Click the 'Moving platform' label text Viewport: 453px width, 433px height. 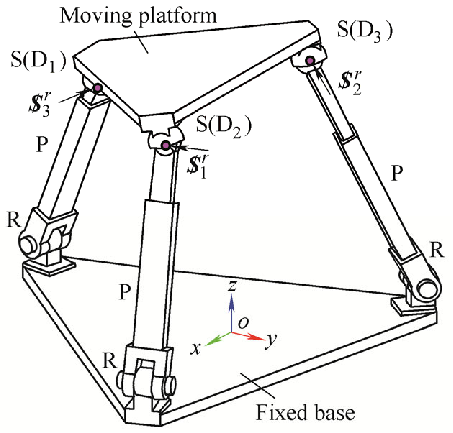[138, 16]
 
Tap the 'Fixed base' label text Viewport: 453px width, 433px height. [305, 412]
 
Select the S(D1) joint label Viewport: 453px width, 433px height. [39, 61]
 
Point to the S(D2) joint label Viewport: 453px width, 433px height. [224, 125]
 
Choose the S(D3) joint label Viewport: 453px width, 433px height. [365, 31]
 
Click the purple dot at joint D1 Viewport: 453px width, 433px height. [97, 88]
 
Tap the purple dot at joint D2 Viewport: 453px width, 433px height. [165, 145]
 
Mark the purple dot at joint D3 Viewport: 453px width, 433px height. [310, 61]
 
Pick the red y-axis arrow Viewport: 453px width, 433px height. [248, 336]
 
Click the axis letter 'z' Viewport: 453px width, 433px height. [232, 286]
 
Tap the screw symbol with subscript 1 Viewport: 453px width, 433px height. [197, 166]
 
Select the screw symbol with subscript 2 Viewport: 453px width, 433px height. [350, 82]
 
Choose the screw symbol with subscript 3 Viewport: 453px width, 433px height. [40, 104]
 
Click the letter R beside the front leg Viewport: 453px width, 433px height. [110, 361]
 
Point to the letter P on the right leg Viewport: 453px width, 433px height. [397, 173]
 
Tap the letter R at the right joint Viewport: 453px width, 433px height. [437, 250]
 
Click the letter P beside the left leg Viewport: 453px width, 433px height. [42, 144]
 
